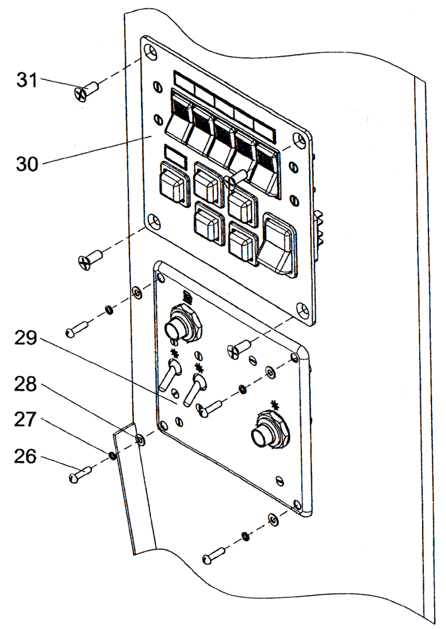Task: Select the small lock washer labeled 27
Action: [x=112, y=455]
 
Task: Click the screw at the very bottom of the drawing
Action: [x=214, y=555]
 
